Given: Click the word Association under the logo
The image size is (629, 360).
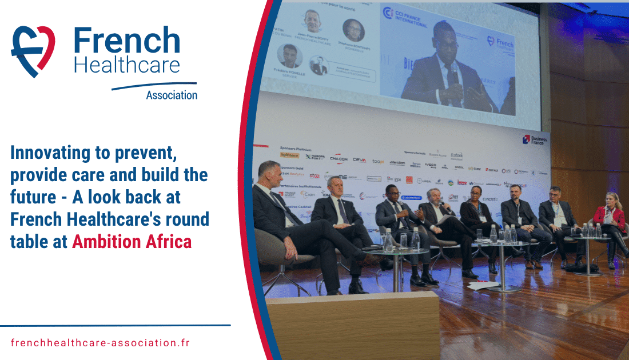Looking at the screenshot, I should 172,95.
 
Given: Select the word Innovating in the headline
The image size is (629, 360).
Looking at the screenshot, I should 47,153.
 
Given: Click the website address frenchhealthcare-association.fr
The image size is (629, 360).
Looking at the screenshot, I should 100,343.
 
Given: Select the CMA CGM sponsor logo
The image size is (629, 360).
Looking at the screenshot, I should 339,157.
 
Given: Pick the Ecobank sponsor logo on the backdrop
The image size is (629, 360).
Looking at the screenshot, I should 456,155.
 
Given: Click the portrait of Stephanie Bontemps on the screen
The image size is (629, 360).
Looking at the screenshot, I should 353,30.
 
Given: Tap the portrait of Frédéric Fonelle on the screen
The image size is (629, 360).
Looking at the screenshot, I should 290,55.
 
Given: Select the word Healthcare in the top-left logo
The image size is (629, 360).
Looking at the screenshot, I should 127,65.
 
